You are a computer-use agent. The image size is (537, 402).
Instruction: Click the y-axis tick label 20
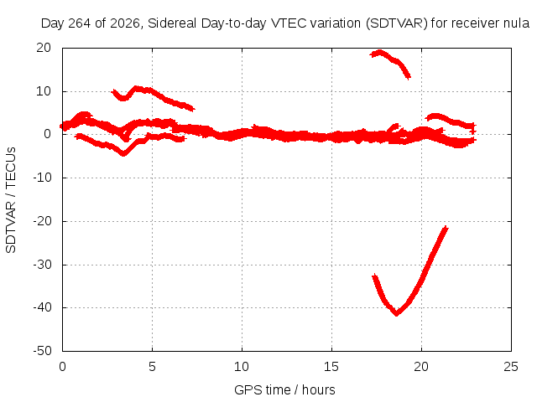44,48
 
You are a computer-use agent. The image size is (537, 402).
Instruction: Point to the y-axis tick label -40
42,307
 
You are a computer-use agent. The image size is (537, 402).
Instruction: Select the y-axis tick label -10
42,178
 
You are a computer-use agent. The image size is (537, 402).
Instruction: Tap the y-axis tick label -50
42,351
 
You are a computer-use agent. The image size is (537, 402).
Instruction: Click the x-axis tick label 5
152,367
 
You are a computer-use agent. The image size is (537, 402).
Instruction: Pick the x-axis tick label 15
331,367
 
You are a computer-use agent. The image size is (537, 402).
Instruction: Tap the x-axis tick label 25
511,367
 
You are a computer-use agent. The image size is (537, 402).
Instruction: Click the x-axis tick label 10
242,367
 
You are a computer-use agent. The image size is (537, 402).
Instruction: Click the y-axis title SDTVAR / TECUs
11,200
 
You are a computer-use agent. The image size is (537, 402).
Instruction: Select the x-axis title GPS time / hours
284,389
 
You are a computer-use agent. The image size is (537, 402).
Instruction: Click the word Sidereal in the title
172,23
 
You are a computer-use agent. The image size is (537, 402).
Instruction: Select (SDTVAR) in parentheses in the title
397,23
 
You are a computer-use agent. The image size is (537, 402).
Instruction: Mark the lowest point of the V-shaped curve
397,313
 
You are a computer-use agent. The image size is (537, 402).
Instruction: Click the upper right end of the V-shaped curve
446,228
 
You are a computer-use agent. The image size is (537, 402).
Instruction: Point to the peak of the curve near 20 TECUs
379,52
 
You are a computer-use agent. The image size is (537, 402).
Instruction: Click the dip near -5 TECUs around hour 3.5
123,153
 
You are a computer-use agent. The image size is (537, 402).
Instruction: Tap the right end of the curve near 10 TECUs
193,109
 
